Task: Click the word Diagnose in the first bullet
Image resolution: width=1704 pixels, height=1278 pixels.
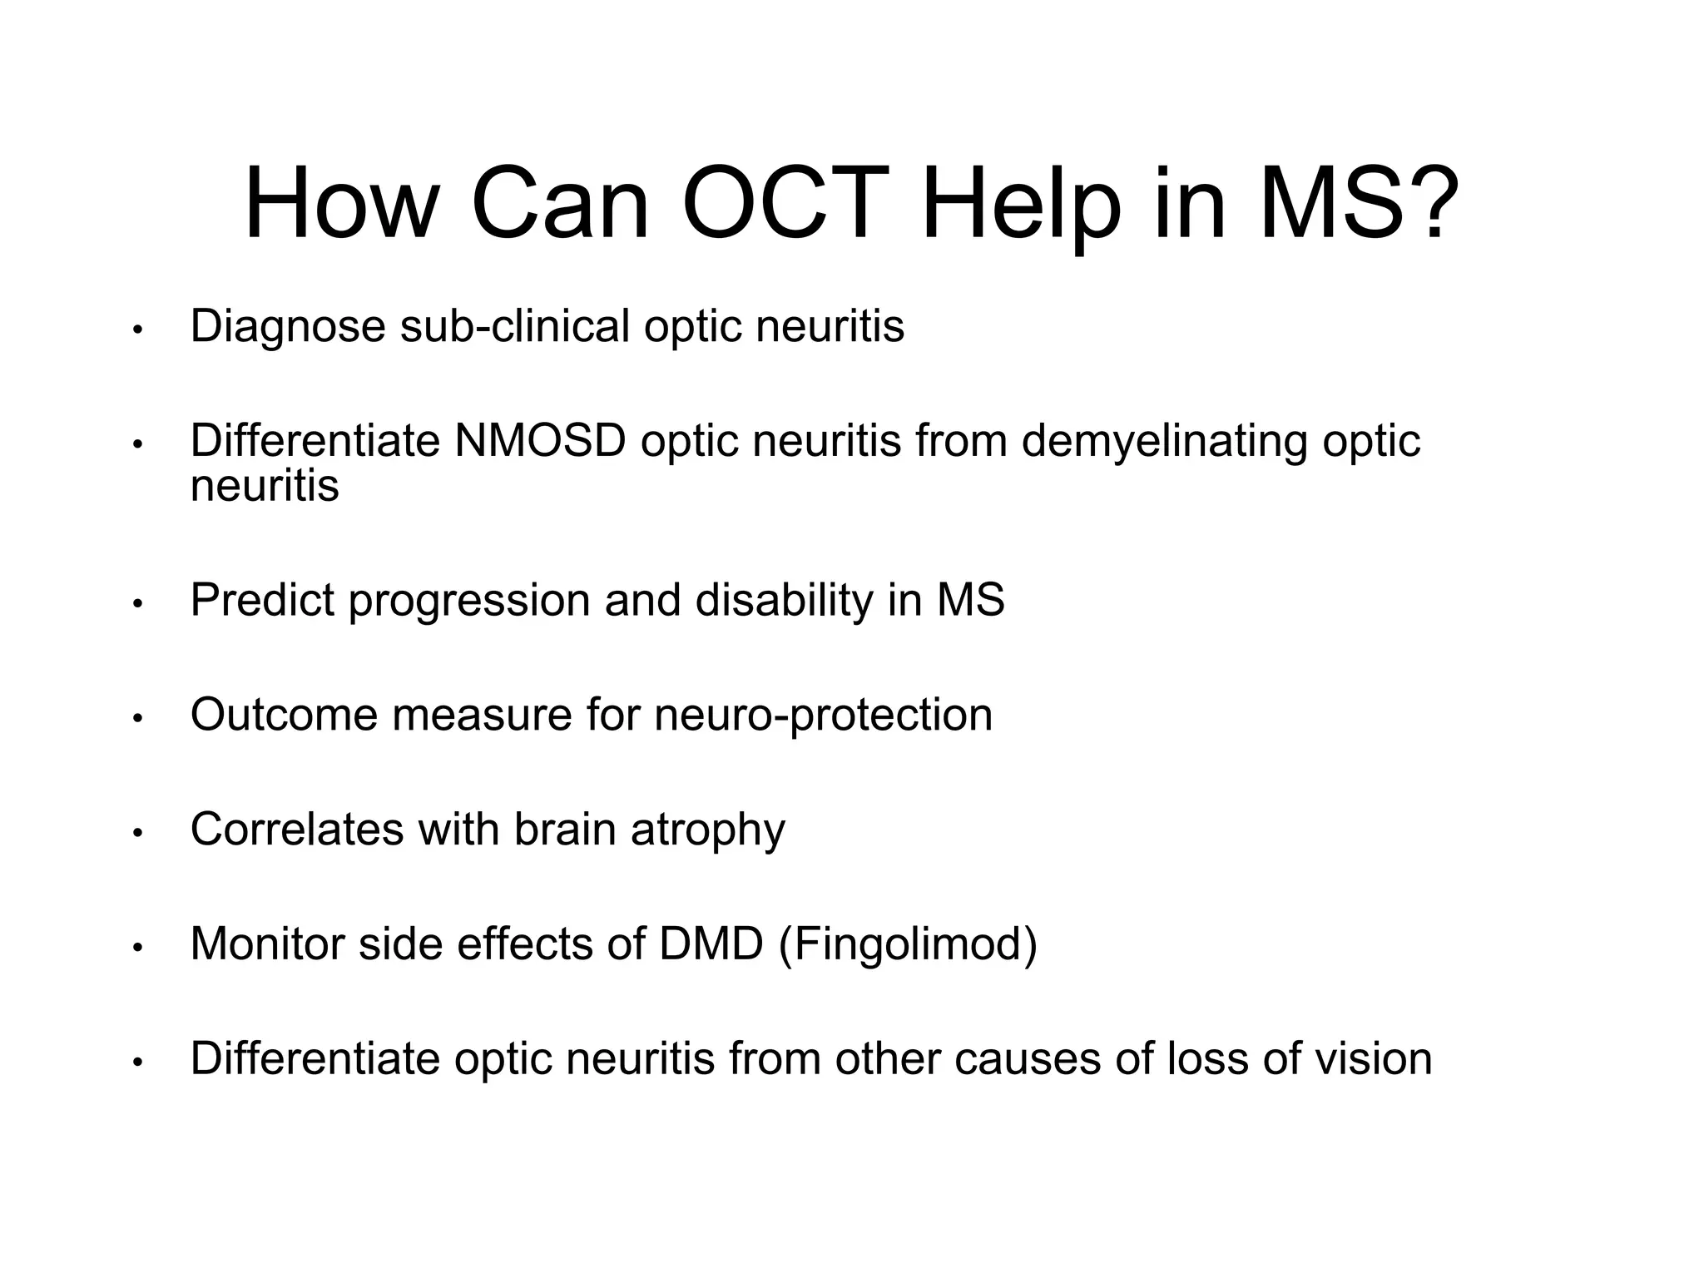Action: point(288,325)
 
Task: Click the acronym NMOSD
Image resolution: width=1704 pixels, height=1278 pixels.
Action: point(539,440)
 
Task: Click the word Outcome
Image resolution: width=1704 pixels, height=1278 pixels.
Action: point(284,714)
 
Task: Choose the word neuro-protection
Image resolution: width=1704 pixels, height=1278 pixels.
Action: point(823,714)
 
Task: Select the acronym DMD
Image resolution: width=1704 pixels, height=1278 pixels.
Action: point(711,944)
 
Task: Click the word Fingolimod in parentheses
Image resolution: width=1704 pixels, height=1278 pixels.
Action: point(908,944)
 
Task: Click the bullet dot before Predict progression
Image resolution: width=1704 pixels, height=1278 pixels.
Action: point(138,603)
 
